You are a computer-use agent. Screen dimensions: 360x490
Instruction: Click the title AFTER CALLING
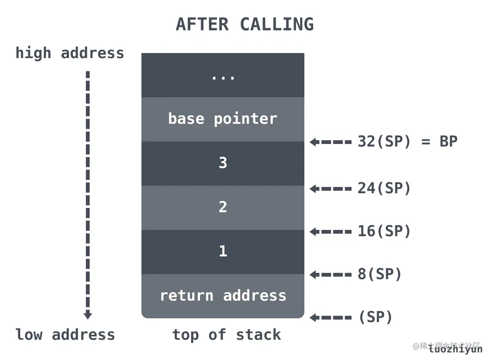pos(245,24)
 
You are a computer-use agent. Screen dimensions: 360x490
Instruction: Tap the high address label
pos(70,53)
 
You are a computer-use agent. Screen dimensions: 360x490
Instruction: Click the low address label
pos(65,335)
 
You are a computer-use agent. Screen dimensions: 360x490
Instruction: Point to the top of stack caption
pos(226,335)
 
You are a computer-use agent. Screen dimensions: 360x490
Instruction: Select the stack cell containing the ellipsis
pos(223,76)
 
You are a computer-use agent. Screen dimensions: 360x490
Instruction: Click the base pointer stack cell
pos(223,119)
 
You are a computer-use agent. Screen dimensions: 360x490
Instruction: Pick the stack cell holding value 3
pos(223,163)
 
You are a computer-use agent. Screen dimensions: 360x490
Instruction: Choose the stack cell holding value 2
pos(223,208)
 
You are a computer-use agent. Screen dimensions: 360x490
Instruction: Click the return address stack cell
pos(223,296)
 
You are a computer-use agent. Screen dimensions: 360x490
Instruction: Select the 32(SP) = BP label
pos(407,142)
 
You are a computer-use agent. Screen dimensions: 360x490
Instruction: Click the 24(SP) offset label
pos(384,189)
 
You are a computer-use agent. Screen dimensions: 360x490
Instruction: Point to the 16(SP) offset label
pos(384,232)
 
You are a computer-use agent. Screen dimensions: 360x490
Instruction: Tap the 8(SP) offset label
pos(380,275)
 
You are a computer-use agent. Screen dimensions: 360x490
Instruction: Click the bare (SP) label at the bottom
pos(375,317)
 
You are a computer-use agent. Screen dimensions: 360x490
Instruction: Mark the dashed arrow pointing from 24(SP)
pos(331,189)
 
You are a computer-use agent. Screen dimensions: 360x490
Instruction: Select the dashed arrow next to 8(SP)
pos(331,275)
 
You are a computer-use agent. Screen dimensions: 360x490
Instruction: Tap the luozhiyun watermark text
pos(455,349)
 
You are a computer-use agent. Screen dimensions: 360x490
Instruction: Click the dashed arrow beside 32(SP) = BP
pos(331,142)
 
